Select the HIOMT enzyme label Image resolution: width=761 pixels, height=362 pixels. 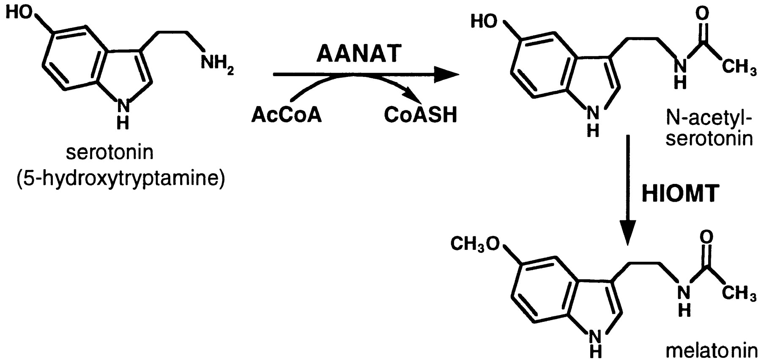(680, 194)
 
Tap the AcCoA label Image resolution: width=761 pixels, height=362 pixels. (286, 115)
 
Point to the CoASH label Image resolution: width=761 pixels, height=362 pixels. (420, 115)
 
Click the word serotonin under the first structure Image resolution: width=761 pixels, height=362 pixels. (109, 152)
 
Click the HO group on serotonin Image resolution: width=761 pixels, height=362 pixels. (20, 13)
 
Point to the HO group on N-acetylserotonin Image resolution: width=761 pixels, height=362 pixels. (484, 21)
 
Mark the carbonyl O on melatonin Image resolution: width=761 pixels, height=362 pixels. (706, 237)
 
